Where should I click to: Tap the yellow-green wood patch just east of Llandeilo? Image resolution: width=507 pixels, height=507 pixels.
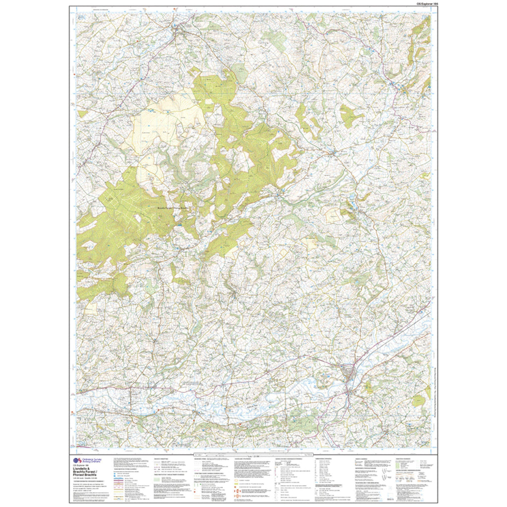[369, 386]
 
